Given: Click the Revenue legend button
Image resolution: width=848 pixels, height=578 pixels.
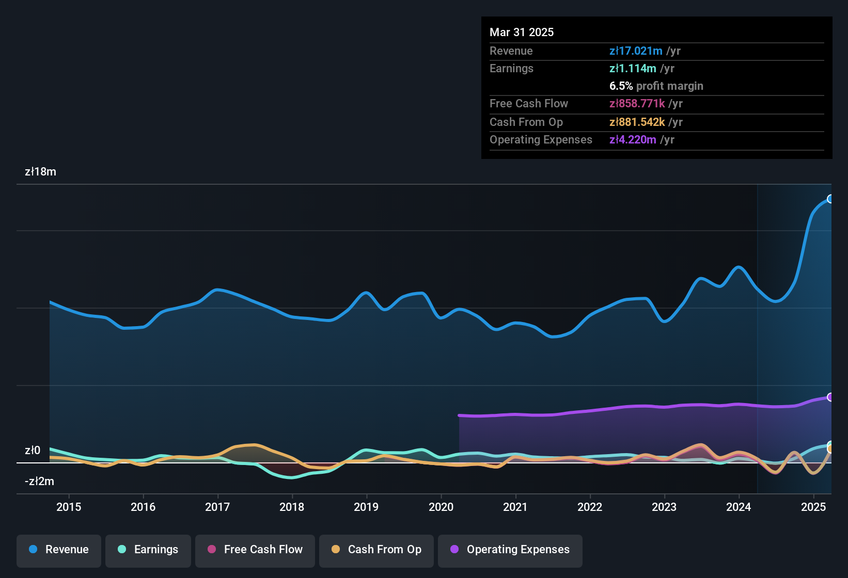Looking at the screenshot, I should coord(59,550).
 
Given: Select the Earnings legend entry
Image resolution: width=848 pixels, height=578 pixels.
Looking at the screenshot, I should coord(148,550).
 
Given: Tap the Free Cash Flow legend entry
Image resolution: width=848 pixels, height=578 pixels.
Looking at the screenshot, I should coord(255,550).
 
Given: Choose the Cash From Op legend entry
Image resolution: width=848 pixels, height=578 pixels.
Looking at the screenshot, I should coord(376,550).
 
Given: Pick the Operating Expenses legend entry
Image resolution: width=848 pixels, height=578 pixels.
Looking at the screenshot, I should coord(510,550).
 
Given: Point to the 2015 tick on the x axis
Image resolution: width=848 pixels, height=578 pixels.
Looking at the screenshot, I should coord(69,507).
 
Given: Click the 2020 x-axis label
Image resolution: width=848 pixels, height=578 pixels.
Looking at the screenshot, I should coord(441,507).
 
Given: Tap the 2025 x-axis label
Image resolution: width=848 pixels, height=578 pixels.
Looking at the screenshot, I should coord(813,507).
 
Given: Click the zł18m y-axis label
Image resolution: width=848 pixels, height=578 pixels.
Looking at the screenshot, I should coord(40,172).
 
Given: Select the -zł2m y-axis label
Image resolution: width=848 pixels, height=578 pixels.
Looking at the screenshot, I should coord(39,481).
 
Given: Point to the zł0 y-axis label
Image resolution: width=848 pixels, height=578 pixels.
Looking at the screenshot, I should coord(33,451).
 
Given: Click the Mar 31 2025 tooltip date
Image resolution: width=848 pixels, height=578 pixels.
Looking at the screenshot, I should coord(522,33).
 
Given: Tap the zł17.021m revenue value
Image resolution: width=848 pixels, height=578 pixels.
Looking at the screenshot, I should coord(636,51).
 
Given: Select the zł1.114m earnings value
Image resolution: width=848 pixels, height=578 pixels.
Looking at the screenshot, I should coord(633,69).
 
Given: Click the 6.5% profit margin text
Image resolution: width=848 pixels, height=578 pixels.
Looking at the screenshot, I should coord(656,86).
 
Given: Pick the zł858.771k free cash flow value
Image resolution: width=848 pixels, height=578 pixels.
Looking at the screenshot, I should coord(637,104).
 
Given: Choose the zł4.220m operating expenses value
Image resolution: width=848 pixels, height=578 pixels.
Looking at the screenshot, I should coord(633,140).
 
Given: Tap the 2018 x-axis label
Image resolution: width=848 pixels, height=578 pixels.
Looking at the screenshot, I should coord(292,507).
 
